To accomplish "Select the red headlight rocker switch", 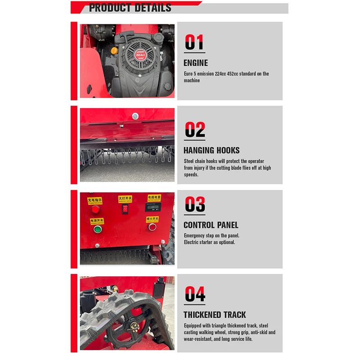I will [125, 209].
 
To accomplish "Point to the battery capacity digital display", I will [153, 207].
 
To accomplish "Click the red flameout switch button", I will [153, 227].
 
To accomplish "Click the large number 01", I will [194, 43].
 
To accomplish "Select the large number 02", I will [195, 130].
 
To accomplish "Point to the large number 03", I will [195, 205].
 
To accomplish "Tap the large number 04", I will [195, 295].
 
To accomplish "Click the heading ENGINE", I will [196, 63].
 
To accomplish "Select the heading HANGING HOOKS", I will [211, 150].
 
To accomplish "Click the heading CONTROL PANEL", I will [211, 225].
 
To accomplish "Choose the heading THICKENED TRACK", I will [215, 315].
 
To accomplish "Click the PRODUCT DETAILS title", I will [130, 8].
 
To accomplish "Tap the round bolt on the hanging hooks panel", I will [135, 117].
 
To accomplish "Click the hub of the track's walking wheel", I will [134, 327].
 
